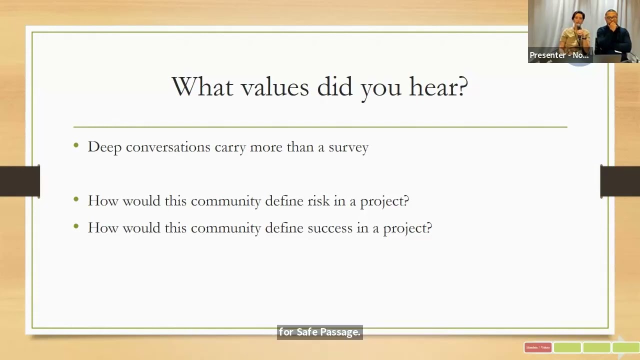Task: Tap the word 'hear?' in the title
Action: click(438, 87)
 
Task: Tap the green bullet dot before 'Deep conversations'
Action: click(76, 145)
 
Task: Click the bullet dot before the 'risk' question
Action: click(76, 199)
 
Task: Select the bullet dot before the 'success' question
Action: click(76, 226)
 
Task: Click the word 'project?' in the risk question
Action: click(384, 201)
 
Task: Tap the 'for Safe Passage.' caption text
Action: click(319, 332)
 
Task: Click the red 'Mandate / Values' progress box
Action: click(537, 347)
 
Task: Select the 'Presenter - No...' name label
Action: click(559, 55)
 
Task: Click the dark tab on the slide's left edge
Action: click(20, 181)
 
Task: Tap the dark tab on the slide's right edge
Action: click(620, 181)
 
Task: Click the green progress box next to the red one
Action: click(567, 347)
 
